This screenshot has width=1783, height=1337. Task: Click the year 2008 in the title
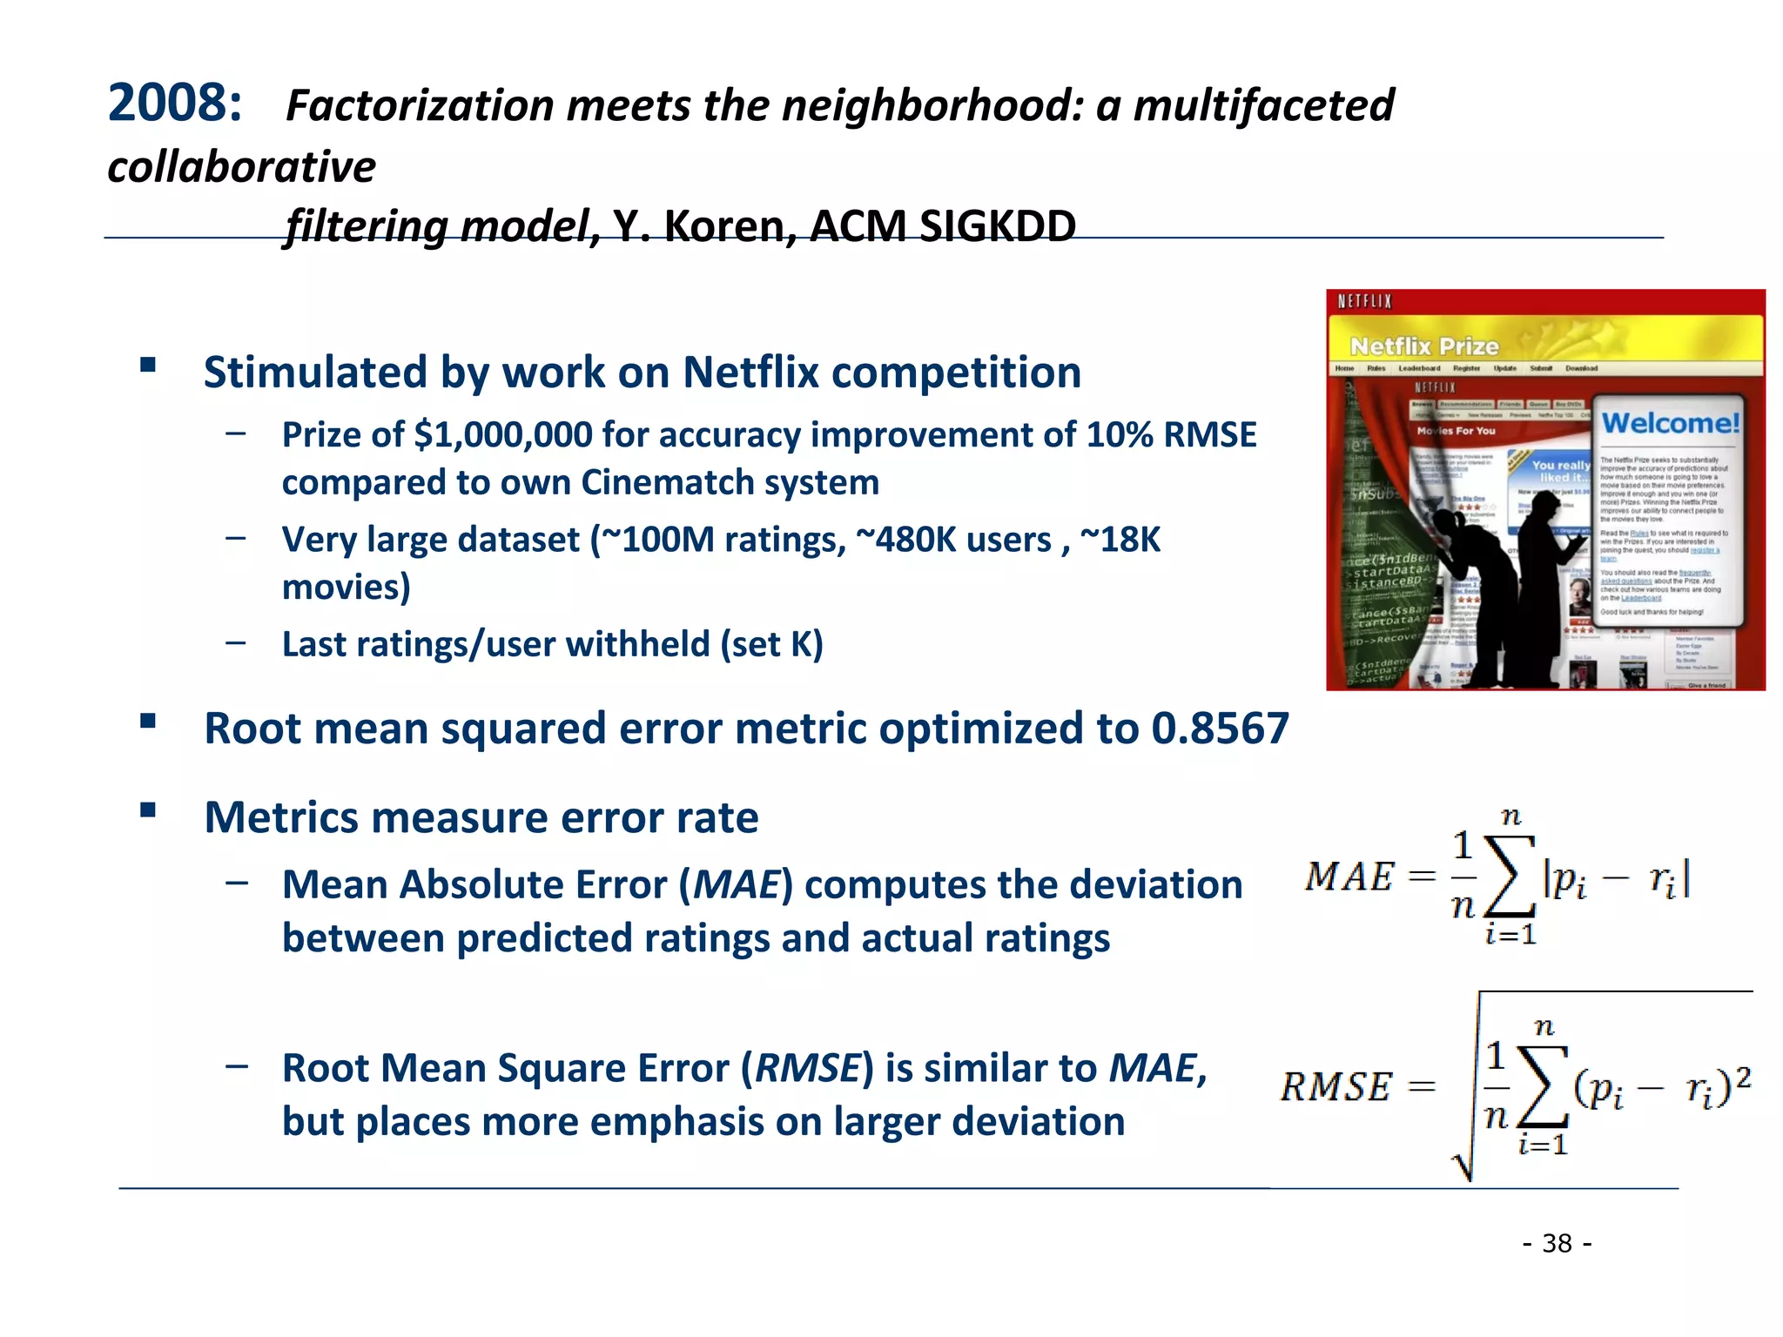[x=174, y=104]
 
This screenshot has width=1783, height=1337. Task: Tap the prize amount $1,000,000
[x=502, y=434]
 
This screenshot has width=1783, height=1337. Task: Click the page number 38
[x=1557, y=1243]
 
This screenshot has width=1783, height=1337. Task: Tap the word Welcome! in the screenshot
[x=1670, y=423]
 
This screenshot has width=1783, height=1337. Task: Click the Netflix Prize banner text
[x=1424, y=346]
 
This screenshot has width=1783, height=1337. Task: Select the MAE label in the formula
[x=1349, y=877]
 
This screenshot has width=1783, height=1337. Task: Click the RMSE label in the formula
[x=1336, y=1087]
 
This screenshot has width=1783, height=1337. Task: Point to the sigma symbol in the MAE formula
[x=1511, y=876]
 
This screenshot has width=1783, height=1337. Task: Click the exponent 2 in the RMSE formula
[x=1742, y=1078]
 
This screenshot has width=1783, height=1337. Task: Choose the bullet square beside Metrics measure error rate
[x=148, y=811]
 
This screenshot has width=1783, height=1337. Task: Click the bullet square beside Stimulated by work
[x=148, y=365]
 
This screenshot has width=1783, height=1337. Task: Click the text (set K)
[x=771, y=644]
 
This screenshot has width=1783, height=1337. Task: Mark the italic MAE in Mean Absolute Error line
[x=737, y=885]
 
